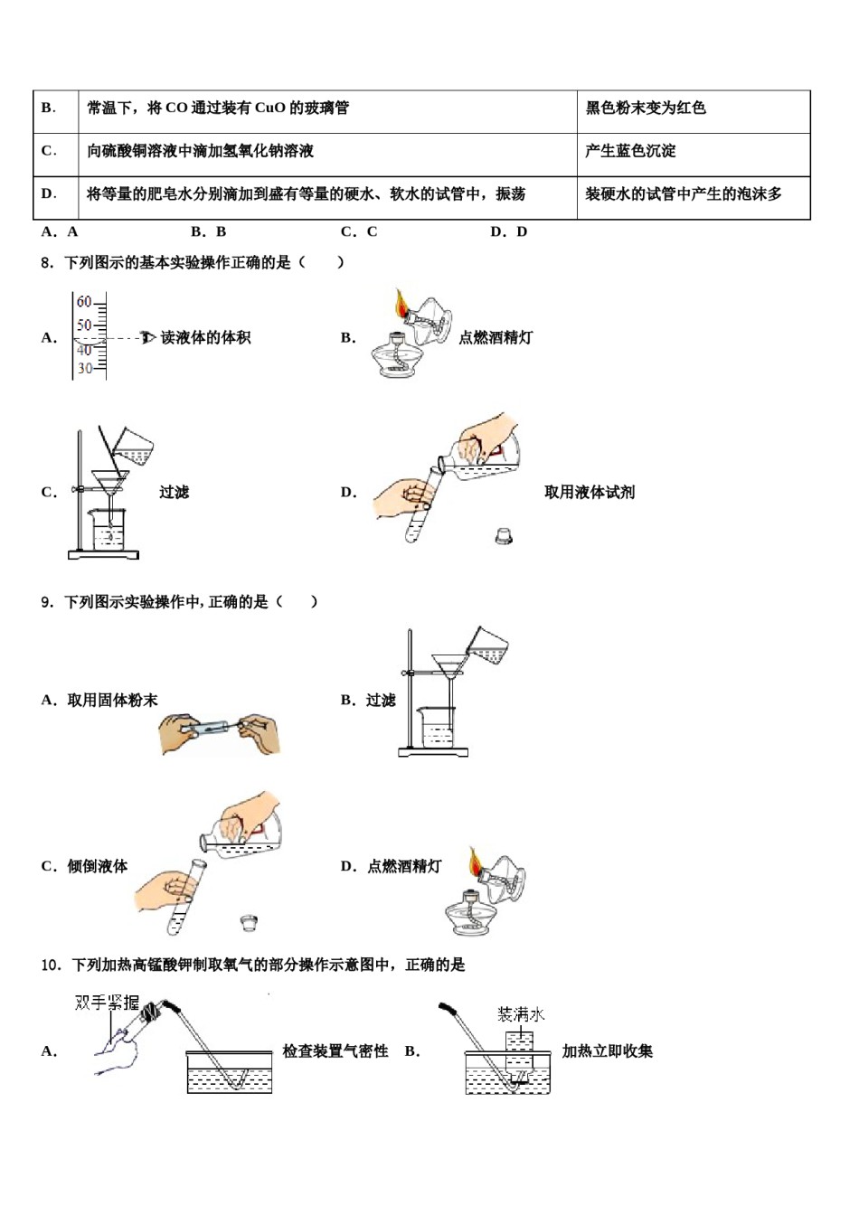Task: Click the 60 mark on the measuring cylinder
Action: click(84, 302)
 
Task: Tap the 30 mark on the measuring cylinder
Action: click(84, 368)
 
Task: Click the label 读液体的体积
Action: click(205, 338)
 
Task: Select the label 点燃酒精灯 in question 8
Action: click(496, 338)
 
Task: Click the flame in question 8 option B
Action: click(401, 303)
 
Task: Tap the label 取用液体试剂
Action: click(590, 493)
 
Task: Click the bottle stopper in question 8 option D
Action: click(504, 536)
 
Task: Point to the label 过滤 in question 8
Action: click(174, 493)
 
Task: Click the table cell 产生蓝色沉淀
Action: click(630, 152)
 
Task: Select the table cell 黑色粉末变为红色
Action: click(646, 108)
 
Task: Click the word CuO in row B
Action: click(270, 108)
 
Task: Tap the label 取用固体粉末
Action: click(113, 701)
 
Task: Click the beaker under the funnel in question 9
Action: click(438, 726)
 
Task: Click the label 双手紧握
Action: click(108, 1003)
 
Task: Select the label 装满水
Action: click(521, 1015)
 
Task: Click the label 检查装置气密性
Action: click(335, 1051)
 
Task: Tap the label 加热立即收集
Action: click(608, 1051)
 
